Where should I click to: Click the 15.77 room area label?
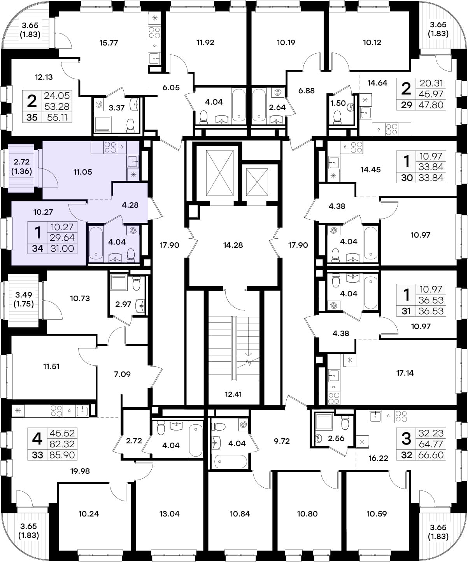click(x=109, y=43)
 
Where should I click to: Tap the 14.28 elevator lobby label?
click(x=233, y=245)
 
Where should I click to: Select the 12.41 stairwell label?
click(x=233, y=394)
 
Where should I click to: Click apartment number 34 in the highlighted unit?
click(x=37, y=249)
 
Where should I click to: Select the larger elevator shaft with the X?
click(x=220, y=173)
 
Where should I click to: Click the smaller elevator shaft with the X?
click(x=257, y=182)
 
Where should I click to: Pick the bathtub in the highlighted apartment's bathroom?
click(x=96, y=243)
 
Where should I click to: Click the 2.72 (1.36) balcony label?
click(x=21, y=166)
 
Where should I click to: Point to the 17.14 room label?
click(x=405, y=373)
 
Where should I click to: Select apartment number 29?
click(x=407, y=105)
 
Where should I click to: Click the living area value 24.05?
click(x=57, y=96)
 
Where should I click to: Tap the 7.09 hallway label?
click(x=122, y=374)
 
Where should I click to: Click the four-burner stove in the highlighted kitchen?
click(x=110, y=147)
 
